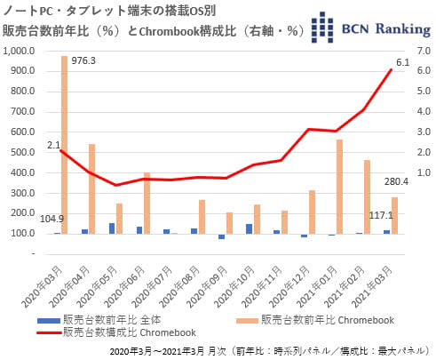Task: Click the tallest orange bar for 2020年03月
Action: [x=64, y=145]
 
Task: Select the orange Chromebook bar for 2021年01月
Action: [x=339, y=187]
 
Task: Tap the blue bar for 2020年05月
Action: [x=112, y=228]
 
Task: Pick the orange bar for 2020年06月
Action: [x=147, y=204]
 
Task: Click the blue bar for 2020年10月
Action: [x=250, y=229]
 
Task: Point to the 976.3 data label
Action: [x=83, y=60]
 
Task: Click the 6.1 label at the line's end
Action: [x=402, y=62]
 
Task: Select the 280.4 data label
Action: [x=396, y=181]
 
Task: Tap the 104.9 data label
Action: [x=52, y=219]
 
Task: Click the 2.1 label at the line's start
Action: [x=53, y=145]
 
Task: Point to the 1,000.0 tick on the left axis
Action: [x=19, y=51]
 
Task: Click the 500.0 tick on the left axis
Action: [x=23, y=152]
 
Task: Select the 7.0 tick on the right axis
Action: [x=424, y=51]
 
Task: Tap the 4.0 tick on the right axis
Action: [x=424, y=112]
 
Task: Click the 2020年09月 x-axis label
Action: [x=207, y=287]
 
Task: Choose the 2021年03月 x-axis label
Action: [x=372, y=287]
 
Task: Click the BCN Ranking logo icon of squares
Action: [x=322, y=28]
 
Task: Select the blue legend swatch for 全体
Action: [x=49, y=320]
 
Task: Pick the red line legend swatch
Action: [x=49, y=332]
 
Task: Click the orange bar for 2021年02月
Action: [x=367, y=197]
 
